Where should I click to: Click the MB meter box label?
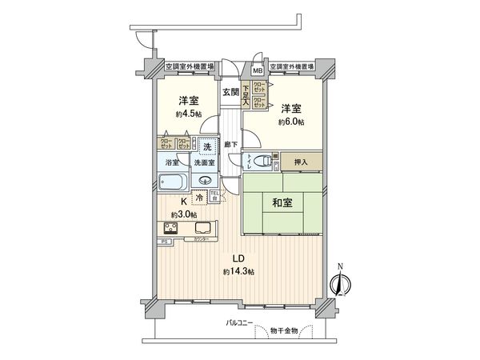click(258, 70)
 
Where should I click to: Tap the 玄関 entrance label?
click(230, 92)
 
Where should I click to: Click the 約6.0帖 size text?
click(292, 122)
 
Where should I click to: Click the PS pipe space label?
click(164, 240)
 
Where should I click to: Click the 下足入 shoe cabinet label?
click(246, 95)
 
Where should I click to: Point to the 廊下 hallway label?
click(230, 144)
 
